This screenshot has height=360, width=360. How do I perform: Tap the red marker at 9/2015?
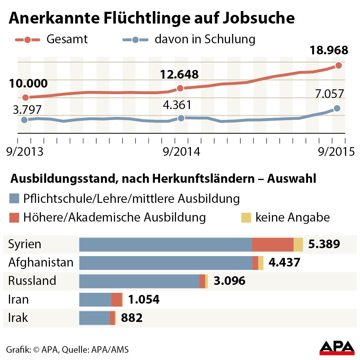coord(339,65)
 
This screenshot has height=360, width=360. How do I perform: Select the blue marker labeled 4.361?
coord(181,118)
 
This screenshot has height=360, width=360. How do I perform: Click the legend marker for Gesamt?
coord(27,39)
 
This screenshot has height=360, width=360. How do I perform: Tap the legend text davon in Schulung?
coord(205,39)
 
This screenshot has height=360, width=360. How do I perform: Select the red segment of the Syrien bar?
coord(272,244)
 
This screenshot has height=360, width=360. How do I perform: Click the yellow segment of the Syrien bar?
coord(298,244)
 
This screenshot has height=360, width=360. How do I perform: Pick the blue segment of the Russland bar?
coord(139,281)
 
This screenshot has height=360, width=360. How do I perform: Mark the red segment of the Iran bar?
coord(116,299)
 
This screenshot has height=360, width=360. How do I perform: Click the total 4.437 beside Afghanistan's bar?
coord(284,262)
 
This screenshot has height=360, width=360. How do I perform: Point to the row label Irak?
coord(18,318)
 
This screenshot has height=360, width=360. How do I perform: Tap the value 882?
coord(132,318)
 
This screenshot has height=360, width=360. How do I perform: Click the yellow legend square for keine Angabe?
coord(245,218)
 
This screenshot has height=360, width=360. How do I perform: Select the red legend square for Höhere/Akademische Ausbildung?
coord(14,218)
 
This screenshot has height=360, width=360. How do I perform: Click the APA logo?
coord(337,347)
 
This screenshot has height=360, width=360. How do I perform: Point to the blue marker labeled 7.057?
coord(337,108)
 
